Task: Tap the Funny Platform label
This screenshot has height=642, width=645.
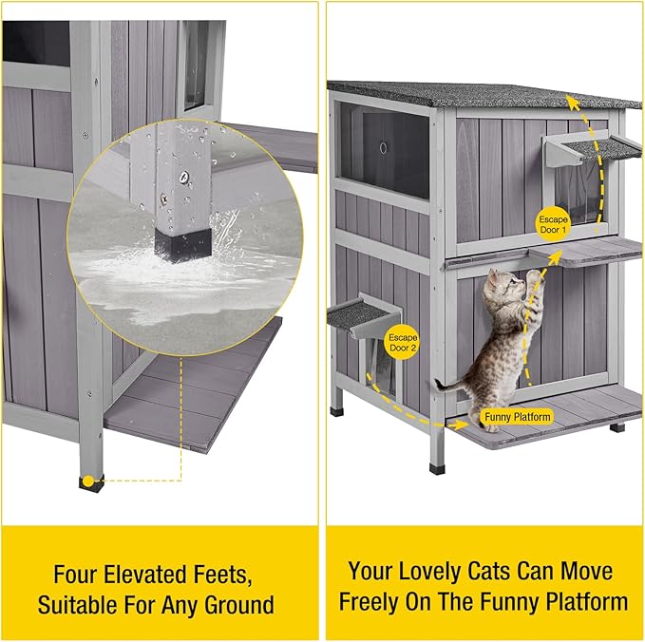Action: pyautogui.click(x=517, y=417)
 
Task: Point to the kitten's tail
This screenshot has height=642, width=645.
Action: pyautogui.click(x=446, y=385)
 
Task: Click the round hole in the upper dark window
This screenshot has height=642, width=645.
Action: pyautogui.click(x=383, y=148)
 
